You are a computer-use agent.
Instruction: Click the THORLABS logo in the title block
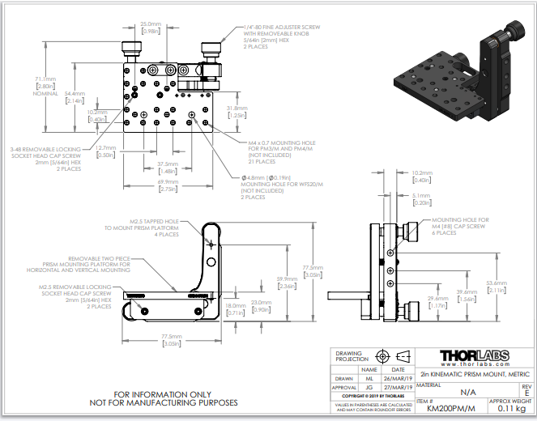point(474,357)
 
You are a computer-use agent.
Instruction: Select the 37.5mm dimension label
point(168,167)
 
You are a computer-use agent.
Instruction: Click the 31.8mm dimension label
point(237,111)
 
